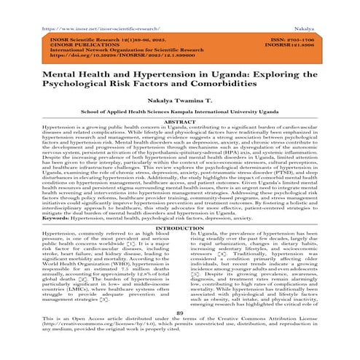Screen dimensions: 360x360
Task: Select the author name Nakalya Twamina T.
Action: coord(179,104)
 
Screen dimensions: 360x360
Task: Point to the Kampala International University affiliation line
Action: coord(179,115)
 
